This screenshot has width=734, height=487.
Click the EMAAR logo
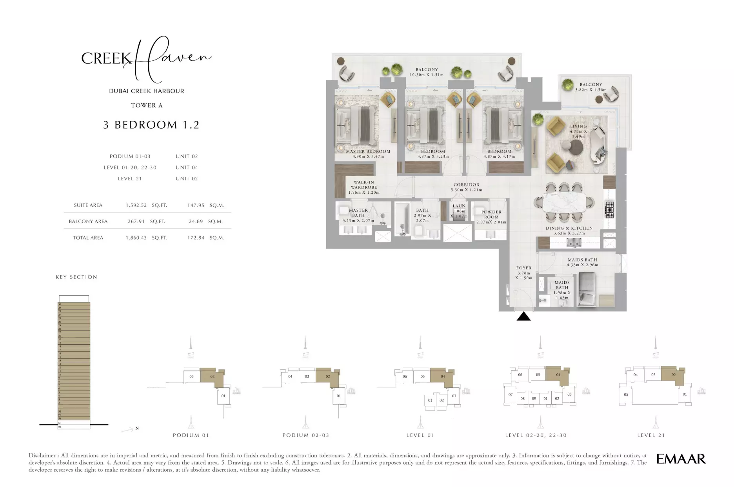point(681,459)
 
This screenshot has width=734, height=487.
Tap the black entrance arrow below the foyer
point(523,316)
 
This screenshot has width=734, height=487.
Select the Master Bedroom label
point(368,151)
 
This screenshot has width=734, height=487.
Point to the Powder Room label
point(491,214)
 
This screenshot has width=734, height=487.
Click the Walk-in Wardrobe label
point(363,185)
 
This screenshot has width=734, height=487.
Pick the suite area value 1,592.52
point(136,205)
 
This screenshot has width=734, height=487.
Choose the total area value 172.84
point(196,238)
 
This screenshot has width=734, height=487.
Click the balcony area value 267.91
point(136,221)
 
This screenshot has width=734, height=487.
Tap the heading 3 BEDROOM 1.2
point(151,125)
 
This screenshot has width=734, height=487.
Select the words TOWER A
point(147,105)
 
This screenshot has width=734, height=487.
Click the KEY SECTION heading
point(76,277)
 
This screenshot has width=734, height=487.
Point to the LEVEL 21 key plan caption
point(651,435)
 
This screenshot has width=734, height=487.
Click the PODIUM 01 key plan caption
point(191,435)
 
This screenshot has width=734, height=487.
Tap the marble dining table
point(564,203)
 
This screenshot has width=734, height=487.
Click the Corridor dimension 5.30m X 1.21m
point(466,190)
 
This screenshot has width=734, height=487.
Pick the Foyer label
point(524,268)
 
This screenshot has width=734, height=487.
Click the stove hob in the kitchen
point(609,209)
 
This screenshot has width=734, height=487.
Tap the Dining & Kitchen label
point(569,228)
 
